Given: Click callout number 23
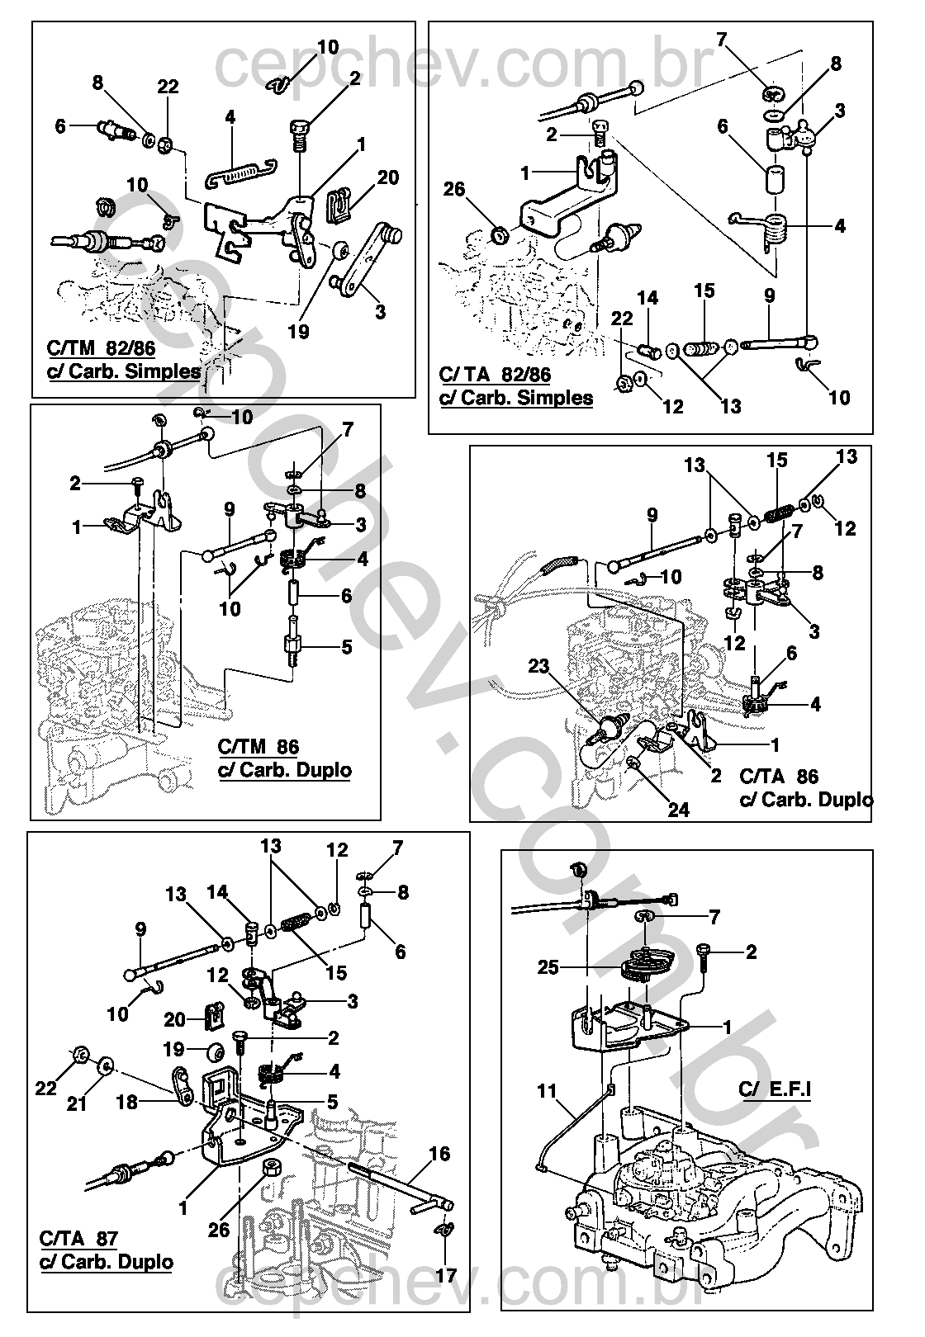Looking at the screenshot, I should [539, 667].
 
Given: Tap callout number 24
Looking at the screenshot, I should [678, 810].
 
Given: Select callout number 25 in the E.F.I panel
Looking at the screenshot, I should [548, 967].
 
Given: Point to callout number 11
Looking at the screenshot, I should [548, 1090].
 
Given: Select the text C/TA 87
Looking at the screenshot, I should [78, 1239].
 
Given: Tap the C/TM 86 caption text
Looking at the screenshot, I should [258, 748].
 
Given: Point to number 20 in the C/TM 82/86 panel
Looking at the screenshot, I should [388, 177].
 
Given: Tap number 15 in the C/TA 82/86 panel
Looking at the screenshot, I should [704, 291].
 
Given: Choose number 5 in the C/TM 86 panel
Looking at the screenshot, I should [346, 647].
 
